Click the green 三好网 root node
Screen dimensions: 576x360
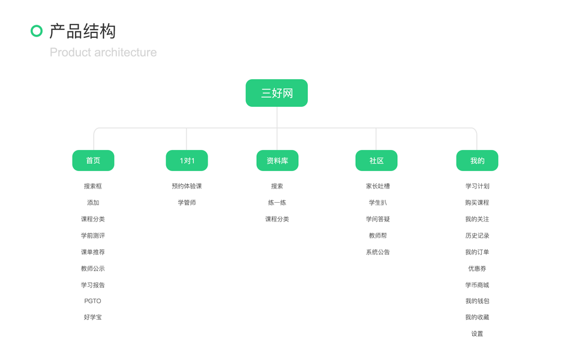pos(277,93)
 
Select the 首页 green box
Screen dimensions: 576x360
pos(93,161)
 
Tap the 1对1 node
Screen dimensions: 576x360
pos(187,161)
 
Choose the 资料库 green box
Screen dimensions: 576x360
pos(277,161)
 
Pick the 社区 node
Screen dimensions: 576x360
pos(376,161)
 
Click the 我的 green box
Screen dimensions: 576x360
pos(477,161)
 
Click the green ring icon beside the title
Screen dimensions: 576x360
pos(37,31)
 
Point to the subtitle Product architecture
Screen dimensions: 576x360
pos(103,52)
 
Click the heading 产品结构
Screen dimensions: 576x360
pos(82,31)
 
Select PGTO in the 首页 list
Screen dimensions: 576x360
pos(93,301)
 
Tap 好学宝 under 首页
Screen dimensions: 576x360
pos(93,317)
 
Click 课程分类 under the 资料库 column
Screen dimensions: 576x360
pos(277,219)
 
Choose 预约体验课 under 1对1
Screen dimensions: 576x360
pos(187,186)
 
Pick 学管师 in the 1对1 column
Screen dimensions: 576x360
pos(187,203)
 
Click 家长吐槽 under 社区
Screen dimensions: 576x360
pos(378,186)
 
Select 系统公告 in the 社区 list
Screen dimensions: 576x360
pos(378,252)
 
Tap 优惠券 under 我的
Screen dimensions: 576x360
pos(477,269)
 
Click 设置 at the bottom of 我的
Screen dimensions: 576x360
pos(477,334)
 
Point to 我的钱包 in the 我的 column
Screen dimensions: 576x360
pos(477,301)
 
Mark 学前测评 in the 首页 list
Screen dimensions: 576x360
pos(93,236)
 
